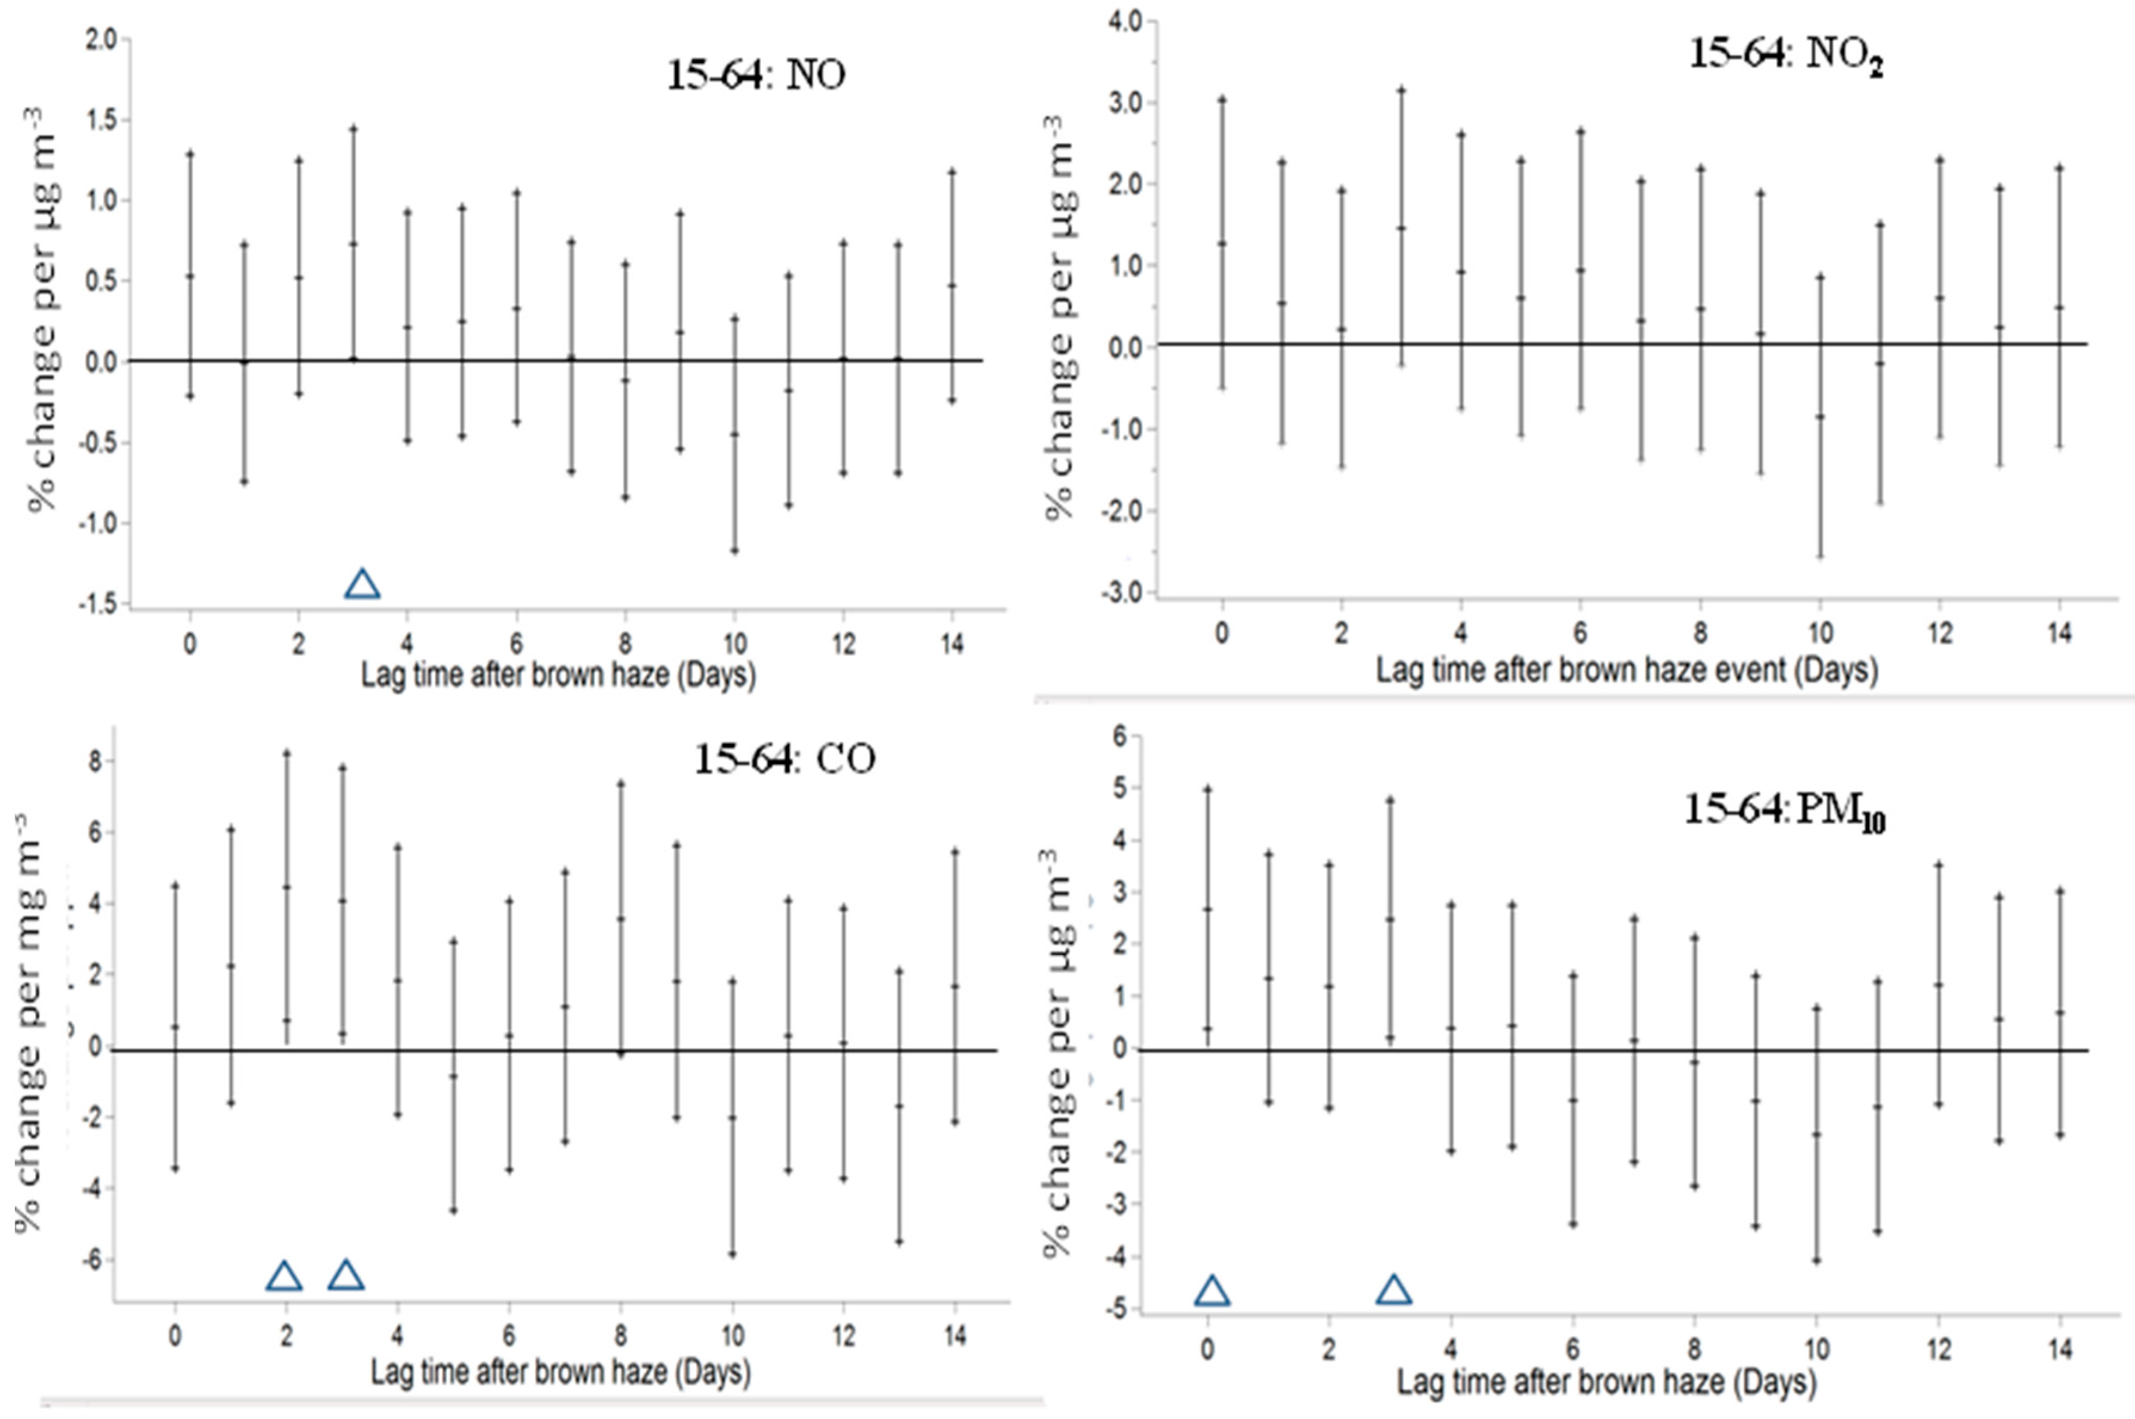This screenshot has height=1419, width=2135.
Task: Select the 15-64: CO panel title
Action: click(x=784, y=758)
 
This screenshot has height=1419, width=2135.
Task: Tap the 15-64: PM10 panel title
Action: click(x=1784, y=811)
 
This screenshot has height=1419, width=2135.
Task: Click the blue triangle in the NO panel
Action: click(x=362, y=585)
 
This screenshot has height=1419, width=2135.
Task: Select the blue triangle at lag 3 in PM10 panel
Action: click(x=1394, y=1291)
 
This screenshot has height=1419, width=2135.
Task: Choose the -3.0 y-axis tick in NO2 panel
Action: click(x=1118, y=593)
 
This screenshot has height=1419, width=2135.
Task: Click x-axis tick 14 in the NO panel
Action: click(x=951, y=644)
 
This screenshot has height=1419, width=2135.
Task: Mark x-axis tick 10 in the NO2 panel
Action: click(x=1820, y=633)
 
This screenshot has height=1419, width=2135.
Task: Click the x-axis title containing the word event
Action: click(x=1626, y=670)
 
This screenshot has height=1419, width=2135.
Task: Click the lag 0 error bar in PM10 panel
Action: click(x=1207, y=914)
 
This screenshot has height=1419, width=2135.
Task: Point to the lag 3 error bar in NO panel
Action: click(x=354, y=245)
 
